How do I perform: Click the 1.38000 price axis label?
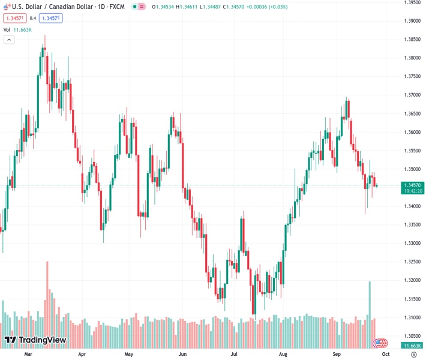(412, 58)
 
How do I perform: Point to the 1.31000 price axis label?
(412, 317)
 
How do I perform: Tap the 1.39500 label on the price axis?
(412, 2)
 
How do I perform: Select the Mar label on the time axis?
(28, 355)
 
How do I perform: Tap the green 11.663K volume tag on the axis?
(412, 346)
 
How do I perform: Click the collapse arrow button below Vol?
(9, 40)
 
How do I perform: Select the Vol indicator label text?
(7, 29)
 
